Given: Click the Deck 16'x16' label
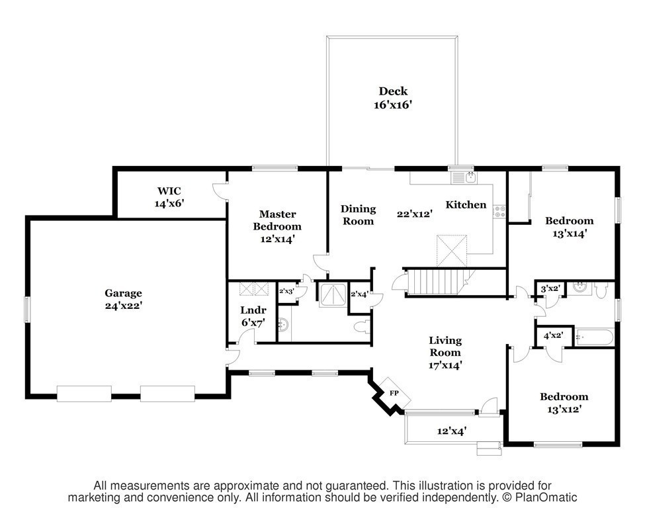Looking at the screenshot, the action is click(393, 98).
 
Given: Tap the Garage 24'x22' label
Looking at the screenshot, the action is click(124, 299).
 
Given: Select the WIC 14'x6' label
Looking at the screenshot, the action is click(169, 197).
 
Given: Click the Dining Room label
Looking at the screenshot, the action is click(359, 215).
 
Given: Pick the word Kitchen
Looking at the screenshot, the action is click(466, 204).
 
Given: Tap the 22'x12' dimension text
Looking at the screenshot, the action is click(414, 214).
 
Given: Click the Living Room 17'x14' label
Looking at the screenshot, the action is click(445, 353).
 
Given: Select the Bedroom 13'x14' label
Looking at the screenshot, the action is click(570, 227).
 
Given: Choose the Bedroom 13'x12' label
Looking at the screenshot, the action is click(564, 403).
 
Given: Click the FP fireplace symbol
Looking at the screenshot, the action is click(394, 393).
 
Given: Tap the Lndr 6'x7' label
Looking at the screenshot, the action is click(253, 316).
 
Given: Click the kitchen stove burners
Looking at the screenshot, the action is click(500, 212).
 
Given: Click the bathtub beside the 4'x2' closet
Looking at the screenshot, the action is click(594, 337).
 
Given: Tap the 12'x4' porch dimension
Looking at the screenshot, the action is click(451, 431).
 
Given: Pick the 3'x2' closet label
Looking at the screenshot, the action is click(550, 289).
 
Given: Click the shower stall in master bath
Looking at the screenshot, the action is click(333, 294).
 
